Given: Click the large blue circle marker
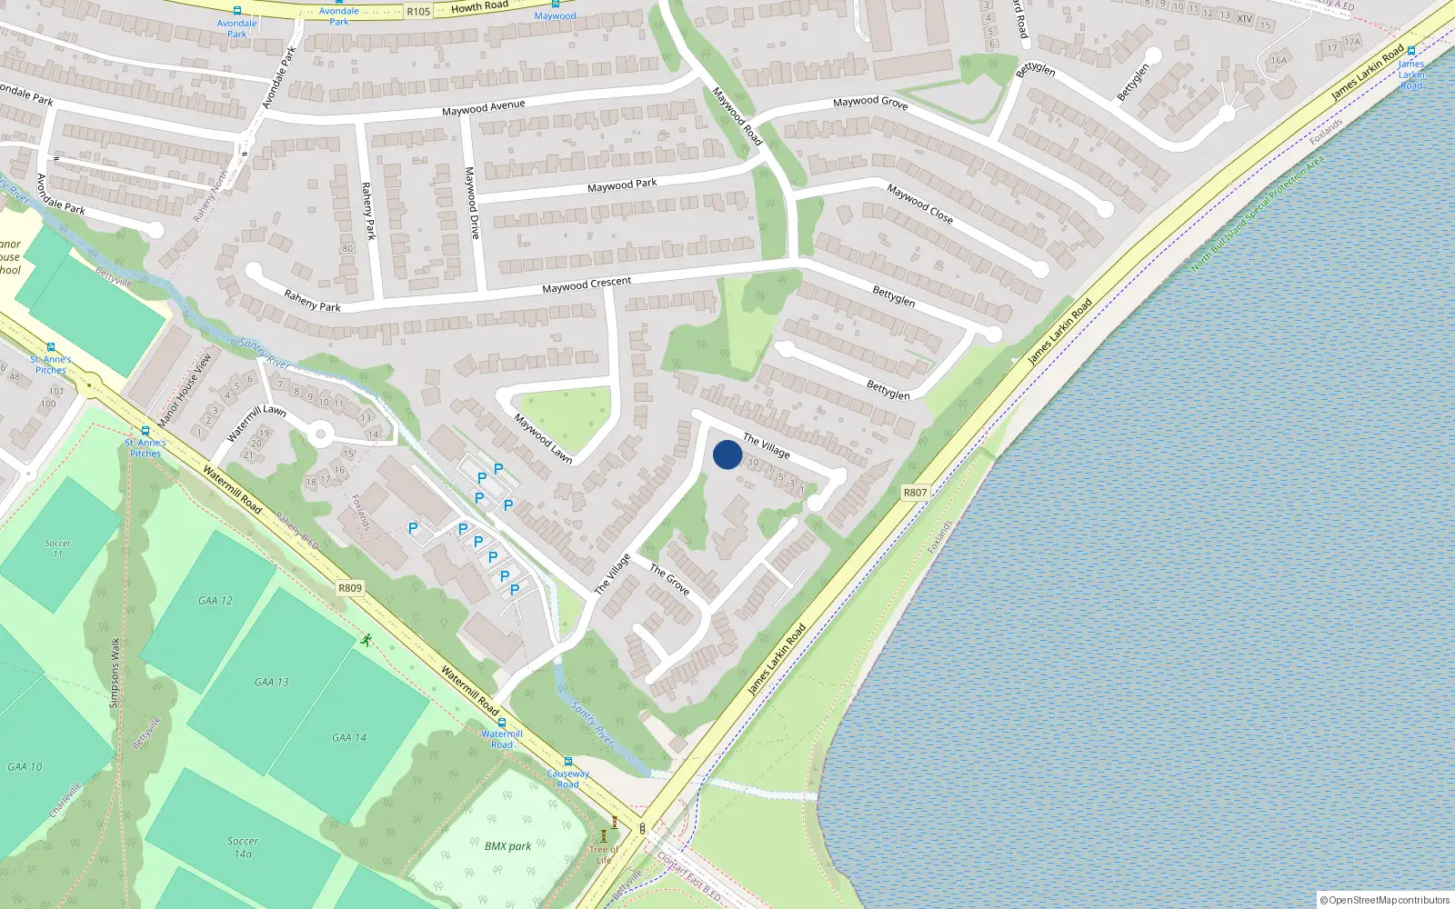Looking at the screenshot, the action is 727,454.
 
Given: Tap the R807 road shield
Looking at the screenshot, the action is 915,493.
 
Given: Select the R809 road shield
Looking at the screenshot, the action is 350,588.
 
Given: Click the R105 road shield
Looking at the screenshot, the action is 418,12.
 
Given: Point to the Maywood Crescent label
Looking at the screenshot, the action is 587,285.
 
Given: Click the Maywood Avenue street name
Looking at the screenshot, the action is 483,108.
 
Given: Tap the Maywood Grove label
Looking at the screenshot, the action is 870,102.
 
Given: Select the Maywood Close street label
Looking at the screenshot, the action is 919,204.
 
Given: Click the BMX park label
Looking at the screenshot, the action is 507,846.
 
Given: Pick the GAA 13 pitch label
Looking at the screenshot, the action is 271,682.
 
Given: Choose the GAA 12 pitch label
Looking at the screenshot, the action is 216,601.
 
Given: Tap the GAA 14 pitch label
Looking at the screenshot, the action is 349,738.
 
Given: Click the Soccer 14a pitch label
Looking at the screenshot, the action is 243,847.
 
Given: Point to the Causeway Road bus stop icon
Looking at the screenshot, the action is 568,762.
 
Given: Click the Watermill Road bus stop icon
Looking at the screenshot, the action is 502,723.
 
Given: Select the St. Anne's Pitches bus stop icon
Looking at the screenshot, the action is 145,431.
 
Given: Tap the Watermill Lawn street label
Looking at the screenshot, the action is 256,422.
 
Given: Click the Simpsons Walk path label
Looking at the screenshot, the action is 115,673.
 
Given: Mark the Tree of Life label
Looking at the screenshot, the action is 604,854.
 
